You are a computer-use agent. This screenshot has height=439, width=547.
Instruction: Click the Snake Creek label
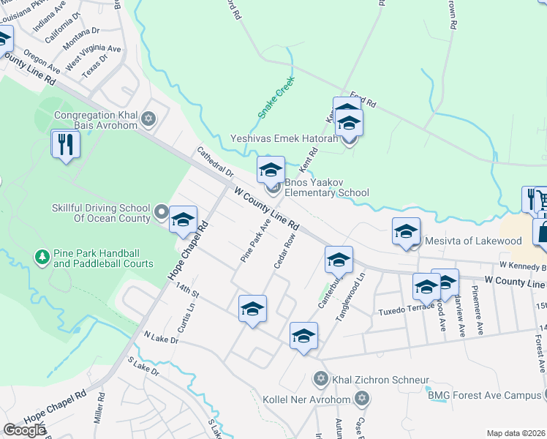(x=275, y=99)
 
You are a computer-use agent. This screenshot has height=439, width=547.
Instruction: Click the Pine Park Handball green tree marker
(x=42, y=257)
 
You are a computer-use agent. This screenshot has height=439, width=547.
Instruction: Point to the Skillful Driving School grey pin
(x=162, y=214)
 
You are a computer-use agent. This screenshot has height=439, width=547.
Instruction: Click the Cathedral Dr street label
(x=214, y=162)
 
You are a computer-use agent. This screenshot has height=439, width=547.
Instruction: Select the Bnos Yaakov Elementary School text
(x=326, y=187)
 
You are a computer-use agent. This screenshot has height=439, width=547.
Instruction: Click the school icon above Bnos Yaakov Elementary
(x=271, y=170)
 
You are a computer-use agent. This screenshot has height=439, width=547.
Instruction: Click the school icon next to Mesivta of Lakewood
(x=406, y=231)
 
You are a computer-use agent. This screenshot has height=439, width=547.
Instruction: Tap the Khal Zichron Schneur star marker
(x=320, y=378)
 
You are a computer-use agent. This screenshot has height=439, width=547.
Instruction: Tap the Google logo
(x=24, y=430)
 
